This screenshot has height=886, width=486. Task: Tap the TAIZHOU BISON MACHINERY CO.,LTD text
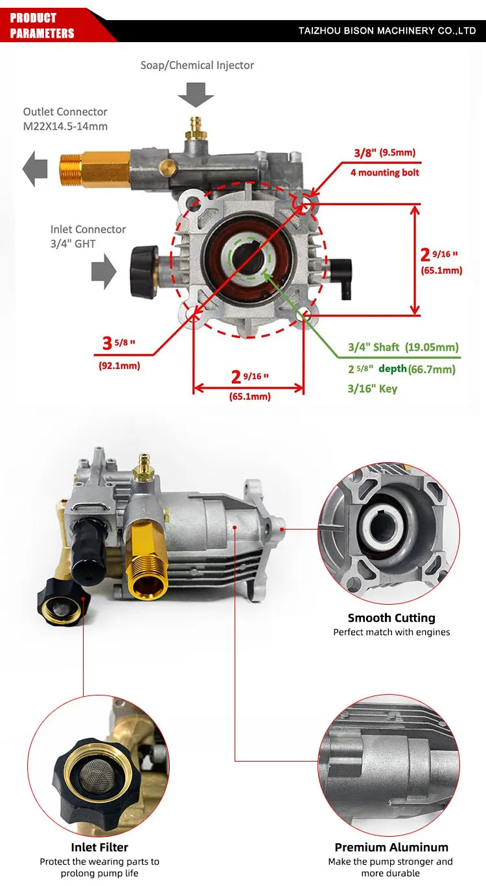[387, 30]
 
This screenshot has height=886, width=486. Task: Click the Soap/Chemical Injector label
[197, 65]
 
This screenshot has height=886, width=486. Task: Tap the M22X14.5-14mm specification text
[65, 126]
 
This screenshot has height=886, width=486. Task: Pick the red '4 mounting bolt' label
[385, 172]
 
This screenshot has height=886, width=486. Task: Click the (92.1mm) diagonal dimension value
[119, 366]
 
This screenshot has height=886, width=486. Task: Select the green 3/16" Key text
[373, 389]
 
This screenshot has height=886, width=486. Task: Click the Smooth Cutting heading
[391, 618]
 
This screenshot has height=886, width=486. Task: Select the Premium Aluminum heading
[391, 847]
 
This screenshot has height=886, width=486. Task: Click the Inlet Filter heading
[99, 847]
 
